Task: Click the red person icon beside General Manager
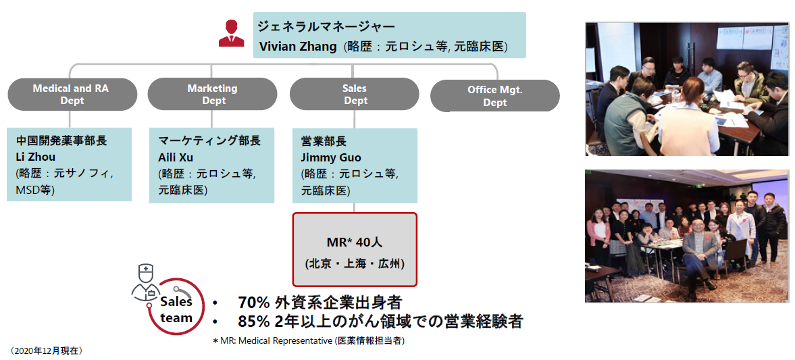pos(231,33)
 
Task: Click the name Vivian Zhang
pos(298,47)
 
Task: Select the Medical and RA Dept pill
pos(72,95)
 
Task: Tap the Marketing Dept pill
pos(213,95)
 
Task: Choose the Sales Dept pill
pos(355,95)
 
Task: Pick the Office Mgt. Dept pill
pos(495,96)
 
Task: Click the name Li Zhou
pos(36,157)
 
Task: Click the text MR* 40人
pos(355,242)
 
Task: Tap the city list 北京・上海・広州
pos(355,264)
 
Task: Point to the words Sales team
pos(176,310)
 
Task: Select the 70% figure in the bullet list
pos(253,303)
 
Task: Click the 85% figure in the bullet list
pos(253,322)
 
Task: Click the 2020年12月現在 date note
pos(46,351)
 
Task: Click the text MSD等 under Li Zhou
pos(36,190)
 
